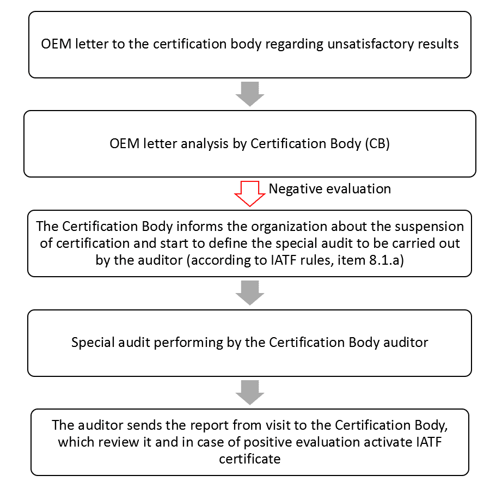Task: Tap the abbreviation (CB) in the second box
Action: click(x=377, y=144)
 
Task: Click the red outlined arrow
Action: click(x=250, y=193)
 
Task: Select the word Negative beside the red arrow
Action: click(x=293, y=189)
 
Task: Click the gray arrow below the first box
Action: click(x=250, y=94)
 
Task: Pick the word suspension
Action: click(x=430, y=227)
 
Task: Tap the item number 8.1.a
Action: click(x=384, y=260)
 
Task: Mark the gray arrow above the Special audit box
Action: click(x=250, y=293)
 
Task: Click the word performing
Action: click(x=188, y=343)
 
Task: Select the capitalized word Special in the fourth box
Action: click(x=93, y=343)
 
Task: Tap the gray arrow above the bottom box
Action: click(x=250, y=393)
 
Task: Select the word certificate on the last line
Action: click(x=250, y=459)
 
